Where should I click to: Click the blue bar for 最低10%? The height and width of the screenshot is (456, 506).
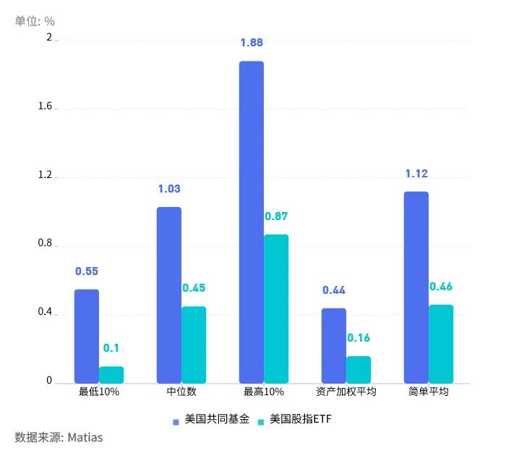(87, 336)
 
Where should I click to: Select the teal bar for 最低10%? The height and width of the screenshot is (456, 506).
(111, 375)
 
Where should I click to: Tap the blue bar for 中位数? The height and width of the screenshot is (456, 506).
(169, 295)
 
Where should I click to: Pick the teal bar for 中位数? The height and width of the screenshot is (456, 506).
(194, 345)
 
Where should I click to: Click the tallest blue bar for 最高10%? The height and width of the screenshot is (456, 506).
(252, 221)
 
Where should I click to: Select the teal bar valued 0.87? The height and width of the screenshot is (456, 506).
(276, 308)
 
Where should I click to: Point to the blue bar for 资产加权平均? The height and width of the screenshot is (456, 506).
(334, 345)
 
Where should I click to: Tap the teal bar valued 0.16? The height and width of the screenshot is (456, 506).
(359, 369)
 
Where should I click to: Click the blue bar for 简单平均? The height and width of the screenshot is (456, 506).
(416, 287)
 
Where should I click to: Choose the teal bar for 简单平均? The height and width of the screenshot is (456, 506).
(441, 344)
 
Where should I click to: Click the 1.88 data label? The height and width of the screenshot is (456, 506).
(252, 43)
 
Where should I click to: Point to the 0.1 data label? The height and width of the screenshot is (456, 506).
(111, 348)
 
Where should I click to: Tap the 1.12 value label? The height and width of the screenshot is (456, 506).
(416, 173)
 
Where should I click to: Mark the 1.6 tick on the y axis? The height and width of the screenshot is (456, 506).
(46, 107)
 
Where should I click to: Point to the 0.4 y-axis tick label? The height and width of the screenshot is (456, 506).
(46, 313)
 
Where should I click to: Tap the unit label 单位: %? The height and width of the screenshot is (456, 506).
(35, 21)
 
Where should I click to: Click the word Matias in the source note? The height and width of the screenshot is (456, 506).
(85, 437)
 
